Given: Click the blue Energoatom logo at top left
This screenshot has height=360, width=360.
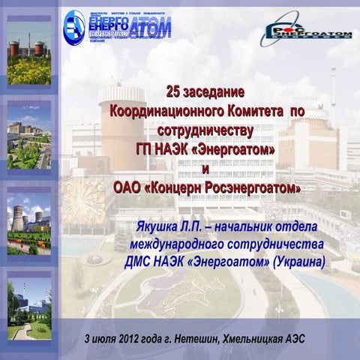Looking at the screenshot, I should click(x=116, y=25).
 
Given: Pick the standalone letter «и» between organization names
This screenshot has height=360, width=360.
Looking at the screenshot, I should click(x=206, y=164).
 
